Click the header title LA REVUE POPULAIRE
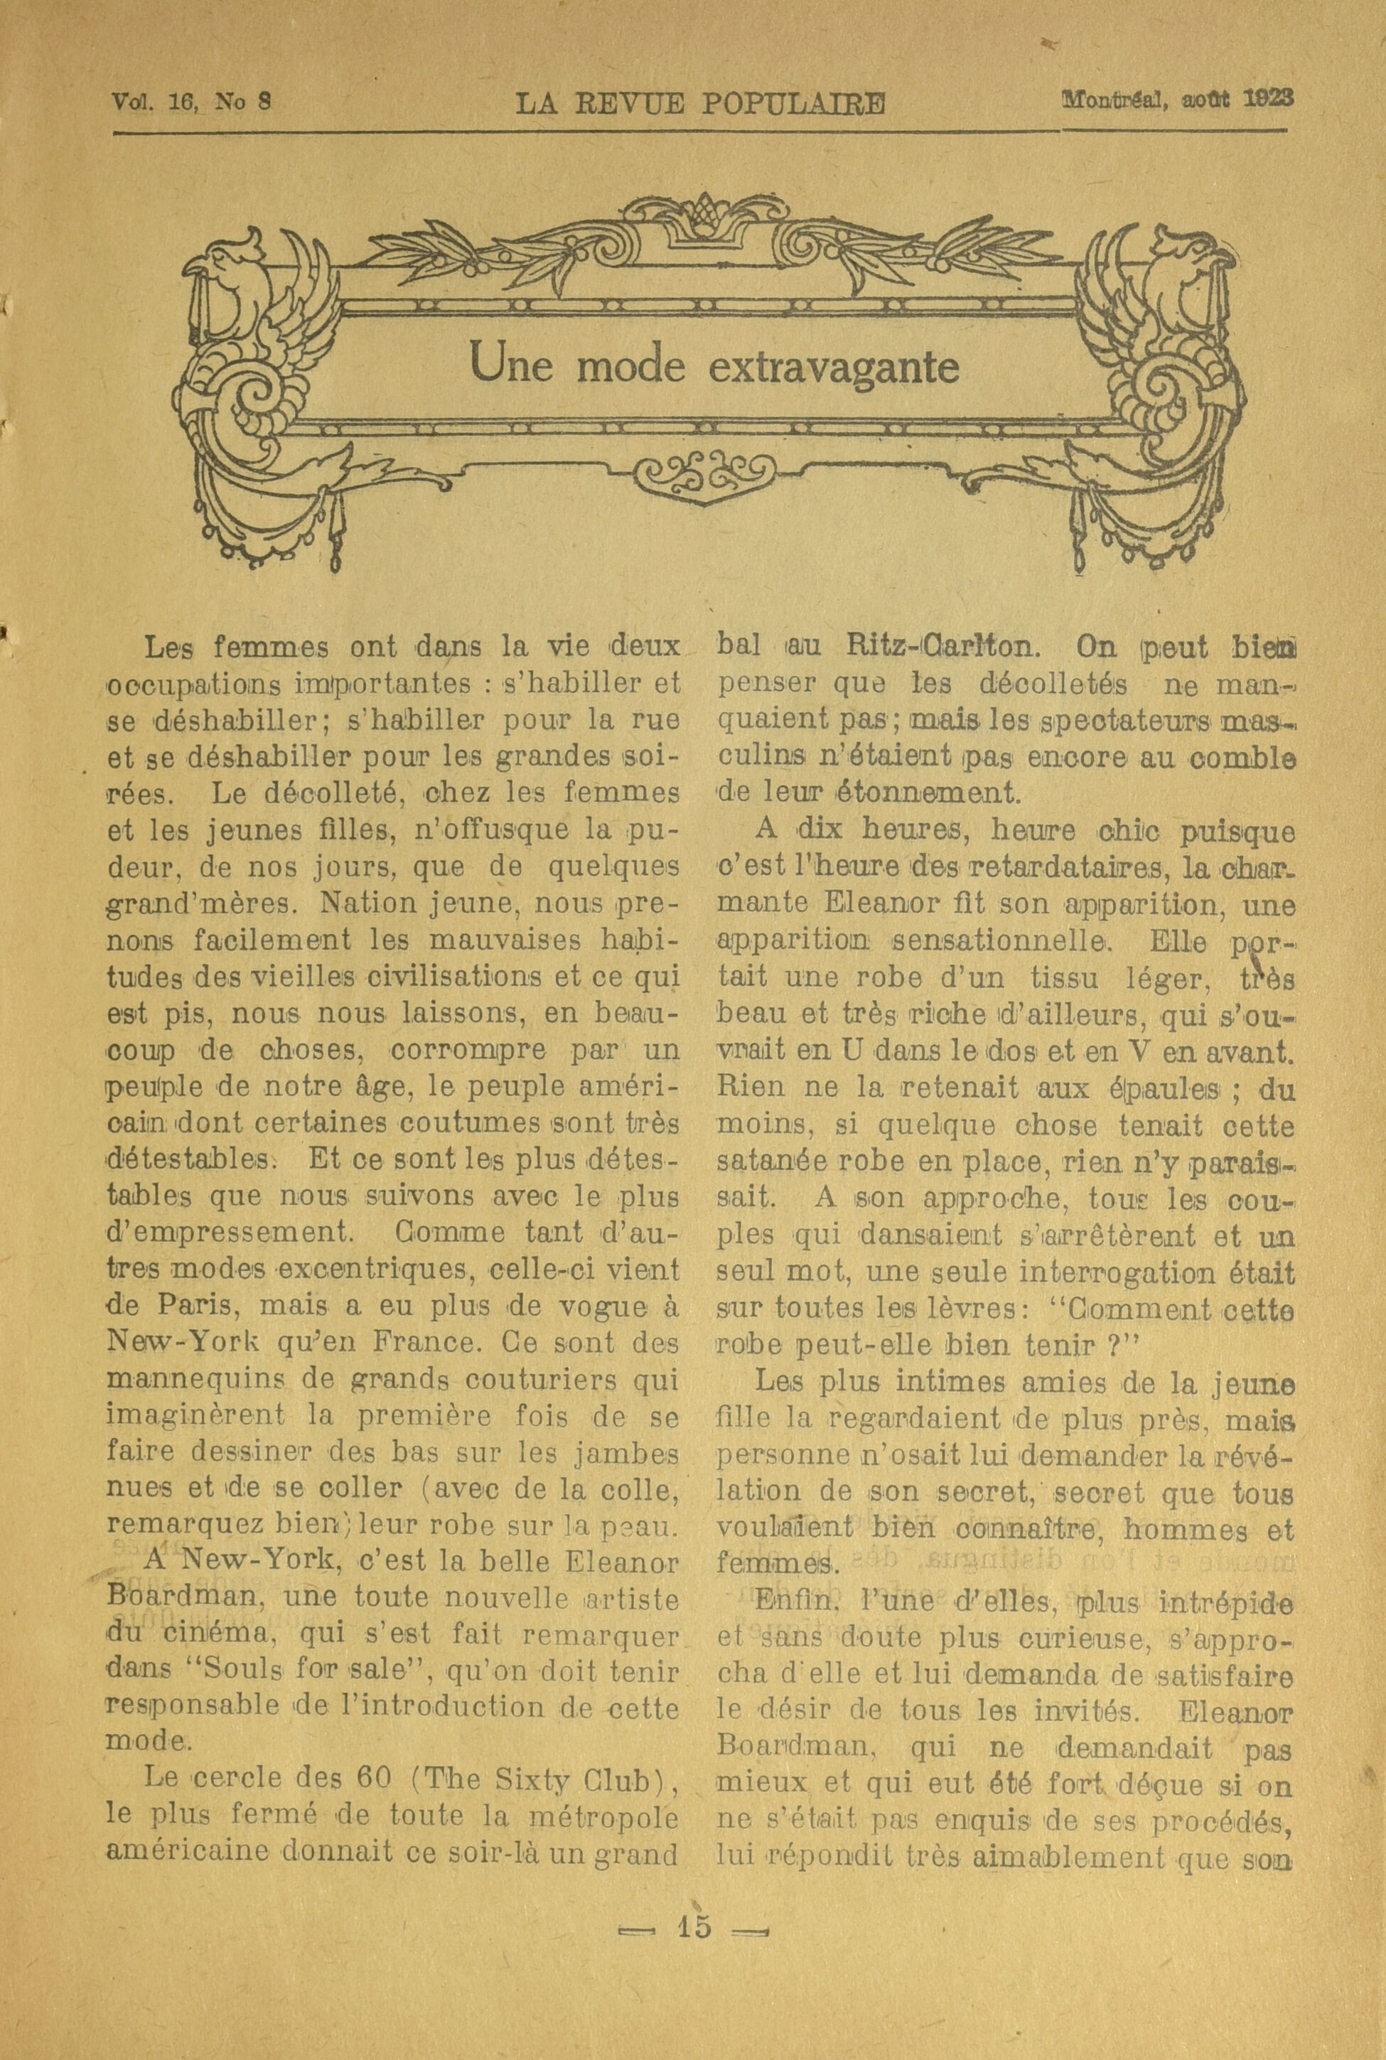pos(700,105)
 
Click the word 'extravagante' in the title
pos(834,367)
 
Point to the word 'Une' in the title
pos(511,364)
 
